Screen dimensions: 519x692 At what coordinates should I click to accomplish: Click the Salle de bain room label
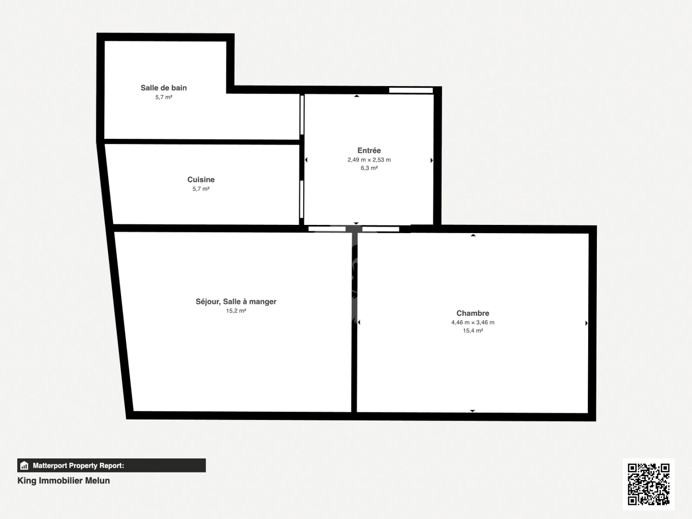coord(163,88)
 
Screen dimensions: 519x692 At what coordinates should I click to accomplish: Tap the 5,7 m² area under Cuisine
coord(201,189)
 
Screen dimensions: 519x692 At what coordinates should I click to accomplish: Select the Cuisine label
coord(201,180)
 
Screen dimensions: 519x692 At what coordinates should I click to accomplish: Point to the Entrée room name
coord(369,150)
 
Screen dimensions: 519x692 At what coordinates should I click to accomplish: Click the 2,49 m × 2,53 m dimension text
coord(369,160)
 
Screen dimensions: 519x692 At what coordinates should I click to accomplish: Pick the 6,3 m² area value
coord(369,168)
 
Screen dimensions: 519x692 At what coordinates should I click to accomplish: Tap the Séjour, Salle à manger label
coord(236,302)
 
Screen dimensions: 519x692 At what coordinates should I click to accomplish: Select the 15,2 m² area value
coord(236,311)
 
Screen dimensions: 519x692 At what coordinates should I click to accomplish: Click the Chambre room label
coord(473,313)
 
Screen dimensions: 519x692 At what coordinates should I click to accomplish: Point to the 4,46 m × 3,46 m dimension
coord(473,322)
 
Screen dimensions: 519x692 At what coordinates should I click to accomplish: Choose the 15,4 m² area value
coord(473,331)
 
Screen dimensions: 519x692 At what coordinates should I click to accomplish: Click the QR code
coord(649,484)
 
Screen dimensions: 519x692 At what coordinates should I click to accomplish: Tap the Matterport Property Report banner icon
coord(25,466)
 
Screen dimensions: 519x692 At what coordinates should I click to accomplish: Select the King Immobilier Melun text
coord(63,481)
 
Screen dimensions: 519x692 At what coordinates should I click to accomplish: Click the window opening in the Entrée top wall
coord(411,90)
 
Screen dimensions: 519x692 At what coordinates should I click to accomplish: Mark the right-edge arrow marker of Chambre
coord(586,323)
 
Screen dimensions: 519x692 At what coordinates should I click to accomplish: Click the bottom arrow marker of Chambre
coord(472,411)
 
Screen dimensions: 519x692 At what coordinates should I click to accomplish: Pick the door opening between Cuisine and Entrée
coord(302,199)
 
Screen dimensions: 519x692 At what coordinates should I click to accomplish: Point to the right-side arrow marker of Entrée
coord(432,160)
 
